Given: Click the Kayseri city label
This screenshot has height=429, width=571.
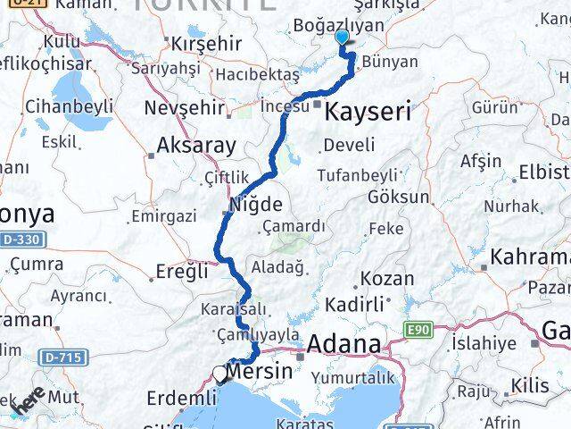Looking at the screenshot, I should pyautogui.click(x=368, y=112).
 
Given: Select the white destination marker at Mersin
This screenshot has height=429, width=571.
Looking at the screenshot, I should pyautogui.click(x=220, y=374).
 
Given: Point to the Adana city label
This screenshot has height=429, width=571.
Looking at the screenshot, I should pyautogui.click(x=343, y=344).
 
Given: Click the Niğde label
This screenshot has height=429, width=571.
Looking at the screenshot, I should pyautogui.click(x=256, y=204).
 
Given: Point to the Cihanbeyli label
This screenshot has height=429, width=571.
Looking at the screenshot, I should pyautogui.click(x=69, y=106).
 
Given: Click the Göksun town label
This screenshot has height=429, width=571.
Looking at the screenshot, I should pyautogui.click(x=398, y=197).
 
